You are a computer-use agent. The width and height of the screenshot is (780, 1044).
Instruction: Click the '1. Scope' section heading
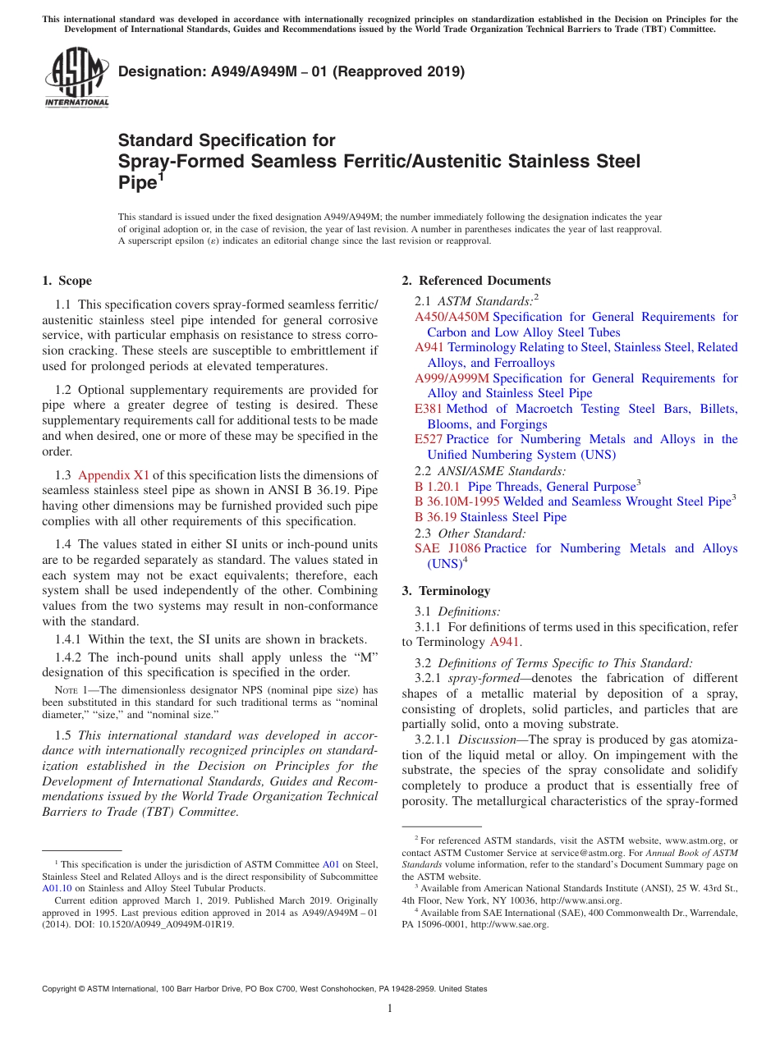point(67,281)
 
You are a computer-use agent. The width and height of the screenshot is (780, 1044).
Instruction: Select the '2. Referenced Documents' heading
point(476,281)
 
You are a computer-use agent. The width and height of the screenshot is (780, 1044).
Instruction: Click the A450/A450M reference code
point(452,317)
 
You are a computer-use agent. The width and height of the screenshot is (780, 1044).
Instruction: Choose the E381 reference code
point(429,409)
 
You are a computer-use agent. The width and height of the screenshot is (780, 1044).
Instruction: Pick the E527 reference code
point(429,440)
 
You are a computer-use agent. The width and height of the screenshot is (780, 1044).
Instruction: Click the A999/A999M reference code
point(452,378)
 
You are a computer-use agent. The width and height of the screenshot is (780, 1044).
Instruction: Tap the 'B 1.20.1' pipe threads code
point(438,487)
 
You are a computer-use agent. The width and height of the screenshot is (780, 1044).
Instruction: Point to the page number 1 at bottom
point(390,1009)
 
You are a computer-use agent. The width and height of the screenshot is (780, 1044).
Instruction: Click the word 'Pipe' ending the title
point(137,183)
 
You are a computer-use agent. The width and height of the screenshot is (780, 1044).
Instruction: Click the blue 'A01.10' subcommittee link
point(57,887)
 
